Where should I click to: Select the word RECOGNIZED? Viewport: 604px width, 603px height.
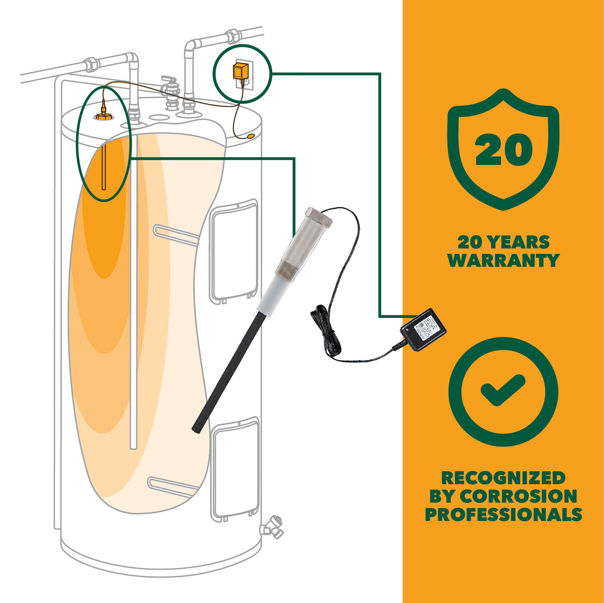pos(503,478)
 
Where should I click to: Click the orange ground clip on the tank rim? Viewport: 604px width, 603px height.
pos(251,136)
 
